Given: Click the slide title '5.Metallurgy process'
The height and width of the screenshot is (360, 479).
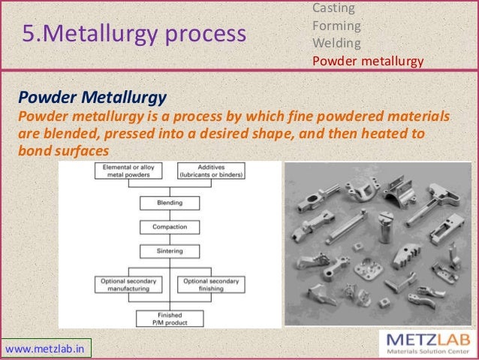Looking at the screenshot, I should coord(134,34).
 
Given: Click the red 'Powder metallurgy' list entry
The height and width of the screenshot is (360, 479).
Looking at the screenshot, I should coord(368,61).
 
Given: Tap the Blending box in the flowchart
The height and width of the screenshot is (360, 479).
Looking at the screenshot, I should coord(170,203).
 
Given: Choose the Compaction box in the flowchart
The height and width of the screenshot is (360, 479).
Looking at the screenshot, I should coord(170,227).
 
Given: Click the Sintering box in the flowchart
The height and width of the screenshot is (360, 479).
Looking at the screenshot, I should coord(170,251).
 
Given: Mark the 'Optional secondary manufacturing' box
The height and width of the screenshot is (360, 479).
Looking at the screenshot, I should coord(128,284).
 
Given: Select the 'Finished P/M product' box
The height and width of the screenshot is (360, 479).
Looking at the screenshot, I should coord(170,317).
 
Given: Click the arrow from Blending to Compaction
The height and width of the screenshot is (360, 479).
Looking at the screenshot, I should coord(170,215).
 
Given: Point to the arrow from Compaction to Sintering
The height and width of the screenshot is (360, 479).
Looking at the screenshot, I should coord(170,239).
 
